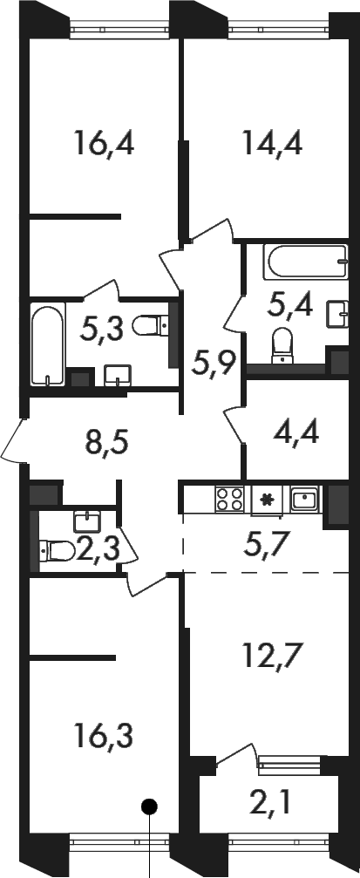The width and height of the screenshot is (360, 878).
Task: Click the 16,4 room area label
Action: (104, 143)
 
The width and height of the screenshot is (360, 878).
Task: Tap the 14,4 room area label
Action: (273, 143)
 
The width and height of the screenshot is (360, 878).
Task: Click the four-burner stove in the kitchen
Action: (230, 499)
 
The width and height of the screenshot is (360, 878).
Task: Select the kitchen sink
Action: (304, 498)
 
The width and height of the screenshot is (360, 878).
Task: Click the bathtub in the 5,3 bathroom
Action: (48, 344)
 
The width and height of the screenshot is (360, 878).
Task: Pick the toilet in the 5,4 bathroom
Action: (282, 345)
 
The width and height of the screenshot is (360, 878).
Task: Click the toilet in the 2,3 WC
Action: (58, 550)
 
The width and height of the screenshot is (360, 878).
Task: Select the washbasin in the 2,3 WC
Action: (86, 521)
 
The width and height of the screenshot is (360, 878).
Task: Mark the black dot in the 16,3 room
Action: (149, 807)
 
